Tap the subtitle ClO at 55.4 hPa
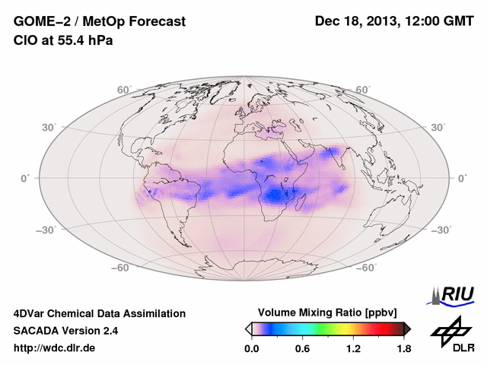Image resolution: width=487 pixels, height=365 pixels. click(63, 40)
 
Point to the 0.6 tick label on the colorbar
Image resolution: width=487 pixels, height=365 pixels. click(302, 349)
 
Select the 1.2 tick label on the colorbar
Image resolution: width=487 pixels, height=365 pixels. click(353, 349)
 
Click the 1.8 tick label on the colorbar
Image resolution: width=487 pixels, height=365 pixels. click(403, 349)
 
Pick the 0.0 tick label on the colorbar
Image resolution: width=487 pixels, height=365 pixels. click(252, 349)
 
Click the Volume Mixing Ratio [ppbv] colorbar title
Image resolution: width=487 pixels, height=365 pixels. click(329, 313)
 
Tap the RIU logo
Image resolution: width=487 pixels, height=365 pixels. click(450, 295)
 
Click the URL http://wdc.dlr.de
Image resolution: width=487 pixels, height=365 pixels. click(55, 348)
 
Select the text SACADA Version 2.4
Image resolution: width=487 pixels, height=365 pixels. click(65, 331)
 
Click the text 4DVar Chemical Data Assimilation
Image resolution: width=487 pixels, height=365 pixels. click(99, 313)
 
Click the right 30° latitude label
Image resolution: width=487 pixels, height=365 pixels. click(440, 127)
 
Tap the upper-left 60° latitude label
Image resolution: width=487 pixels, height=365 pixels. click(124, 90)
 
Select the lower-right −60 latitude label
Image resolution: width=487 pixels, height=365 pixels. click(365, 268)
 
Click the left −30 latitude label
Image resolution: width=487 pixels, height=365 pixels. click(47, 230)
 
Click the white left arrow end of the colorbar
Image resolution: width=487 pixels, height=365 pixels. click(248, 328)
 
